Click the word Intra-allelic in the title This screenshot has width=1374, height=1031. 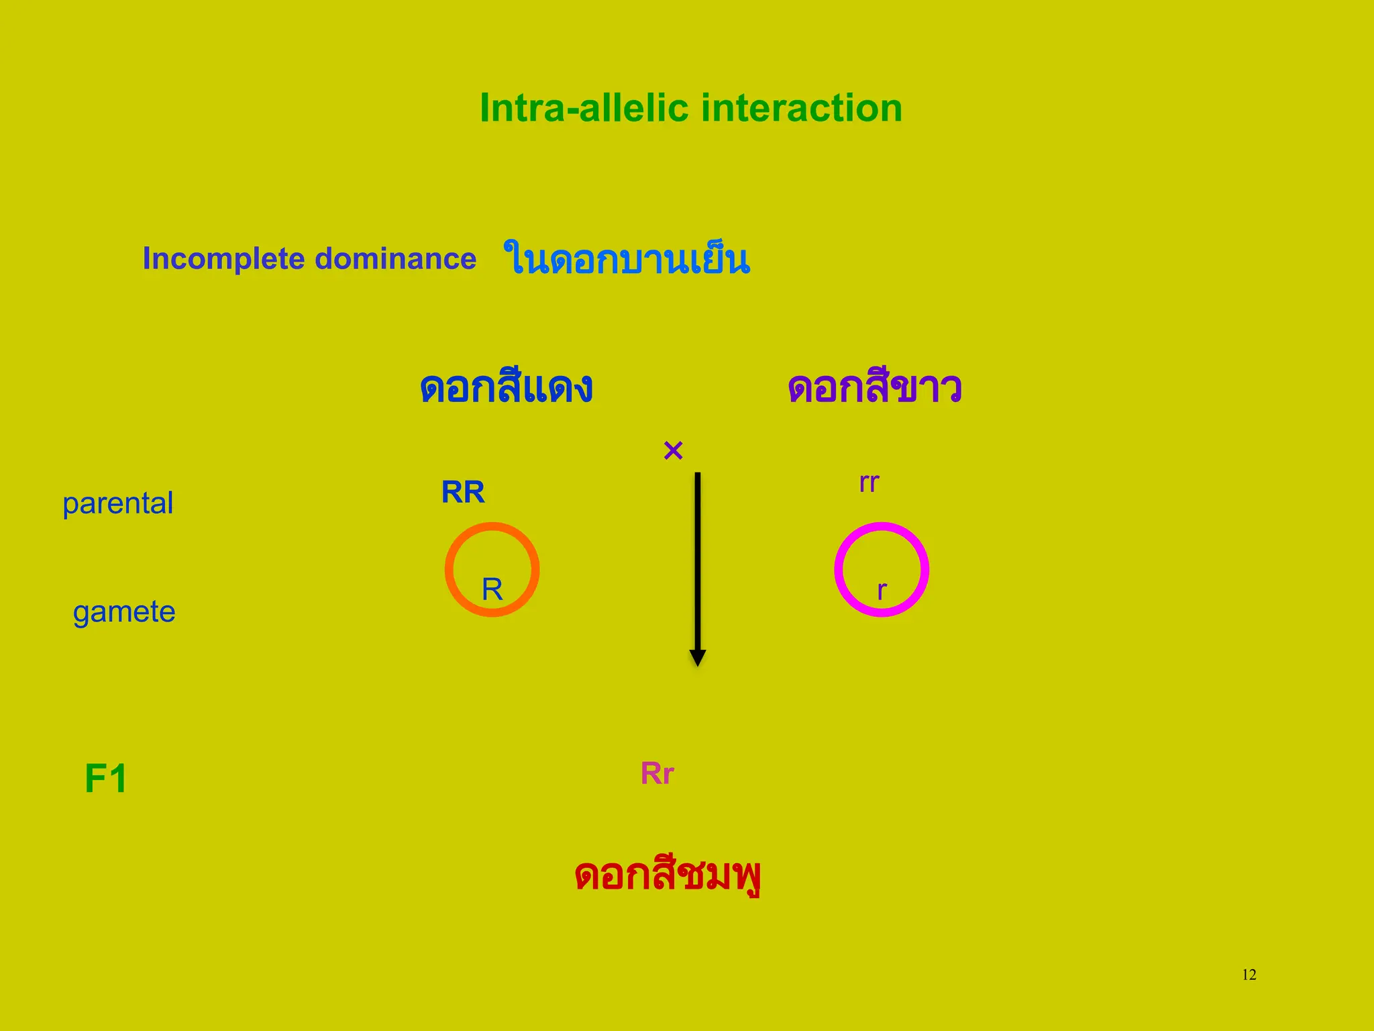(584, 108)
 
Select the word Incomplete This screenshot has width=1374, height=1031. (223, 259)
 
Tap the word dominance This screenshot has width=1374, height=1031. (395, 259)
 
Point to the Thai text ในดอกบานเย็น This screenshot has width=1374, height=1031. (627, 259)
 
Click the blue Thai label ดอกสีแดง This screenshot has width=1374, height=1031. (506, 388)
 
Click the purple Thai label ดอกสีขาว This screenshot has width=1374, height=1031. (875, 388)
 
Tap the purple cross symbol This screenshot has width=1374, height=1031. (673, 450)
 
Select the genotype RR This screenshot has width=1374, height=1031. (463, 492)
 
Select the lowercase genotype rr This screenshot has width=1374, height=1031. (869, 483)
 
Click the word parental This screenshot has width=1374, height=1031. (117, 503)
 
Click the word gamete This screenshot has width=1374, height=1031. (124, 612)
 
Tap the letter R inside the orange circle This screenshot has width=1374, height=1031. (492, 589)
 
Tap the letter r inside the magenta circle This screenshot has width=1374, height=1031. (882, 591)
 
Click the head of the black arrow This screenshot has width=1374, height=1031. (698, 657)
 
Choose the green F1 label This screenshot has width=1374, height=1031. (106, 779)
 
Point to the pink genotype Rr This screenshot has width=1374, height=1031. (657, 773)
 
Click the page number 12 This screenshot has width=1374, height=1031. (1249, 975)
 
